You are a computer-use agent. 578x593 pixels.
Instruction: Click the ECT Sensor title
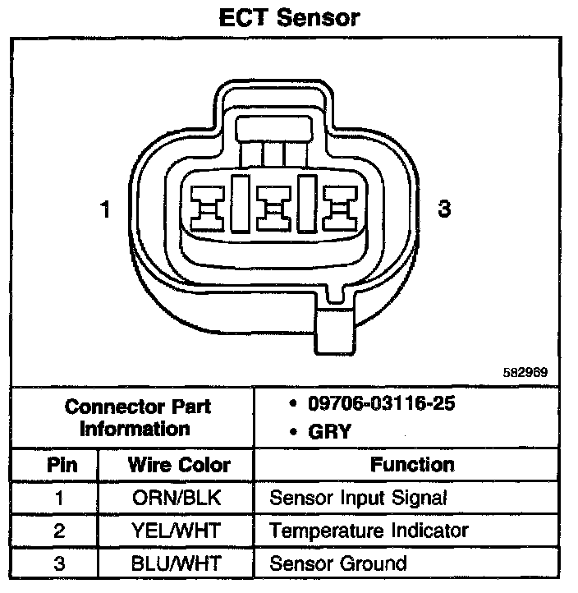289,17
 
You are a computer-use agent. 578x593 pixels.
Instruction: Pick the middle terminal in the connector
272,205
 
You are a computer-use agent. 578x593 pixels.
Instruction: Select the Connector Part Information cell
135,417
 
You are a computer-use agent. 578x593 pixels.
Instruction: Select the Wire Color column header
179,465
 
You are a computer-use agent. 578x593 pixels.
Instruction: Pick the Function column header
412,465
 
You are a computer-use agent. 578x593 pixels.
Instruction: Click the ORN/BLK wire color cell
178,498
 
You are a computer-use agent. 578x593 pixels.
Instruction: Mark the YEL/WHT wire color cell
178,531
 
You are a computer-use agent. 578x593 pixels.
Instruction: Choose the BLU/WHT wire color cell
178,563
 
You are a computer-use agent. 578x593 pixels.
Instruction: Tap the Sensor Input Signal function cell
358,498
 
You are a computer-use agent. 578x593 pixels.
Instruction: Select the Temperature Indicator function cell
369,531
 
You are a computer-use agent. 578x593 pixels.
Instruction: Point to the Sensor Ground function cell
338,563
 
